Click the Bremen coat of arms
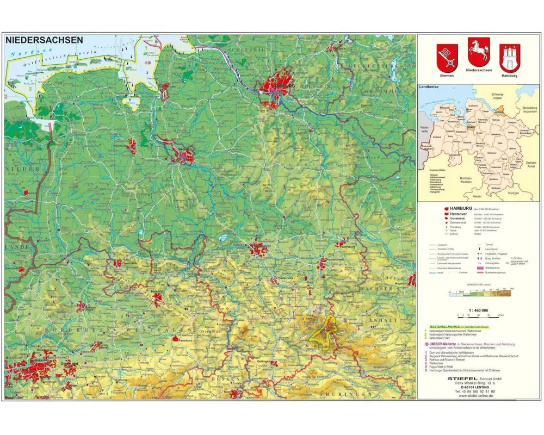tap(447, 58)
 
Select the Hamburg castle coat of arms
tap(510, 58)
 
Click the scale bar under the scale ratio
tap(477, 315)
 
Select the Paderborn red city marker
tap(176, 339)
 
